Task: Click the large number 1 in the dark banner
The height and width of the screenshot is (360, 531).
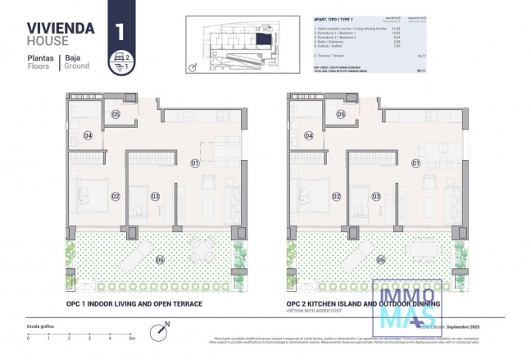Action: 120,32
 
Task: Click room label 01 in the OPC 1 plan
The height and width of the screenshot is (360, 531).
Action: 195,163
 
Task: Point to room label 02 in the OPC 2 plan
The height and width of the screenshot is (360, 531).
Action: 337,196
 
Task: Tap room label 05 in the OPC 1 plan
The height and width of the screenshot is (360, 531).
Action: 115,114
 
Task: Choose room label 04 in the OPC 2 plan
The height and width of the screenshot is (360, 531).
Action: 309,136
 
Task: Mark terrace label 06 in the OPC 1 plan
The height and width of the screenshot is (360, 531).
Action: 160,260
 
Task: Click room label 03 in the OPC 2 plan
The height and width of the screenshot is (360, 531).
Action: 376,196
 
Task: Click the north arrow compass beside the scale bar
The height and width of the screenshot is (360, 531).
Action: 157,331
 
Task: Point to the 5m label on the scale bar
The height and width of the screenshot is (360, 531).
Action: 131,338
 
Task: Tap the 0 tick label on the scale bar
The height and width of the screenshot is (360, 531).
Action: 28,338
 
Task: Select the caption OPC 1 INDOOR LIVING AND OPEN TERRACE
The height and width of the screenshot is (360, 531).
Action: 134,303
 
